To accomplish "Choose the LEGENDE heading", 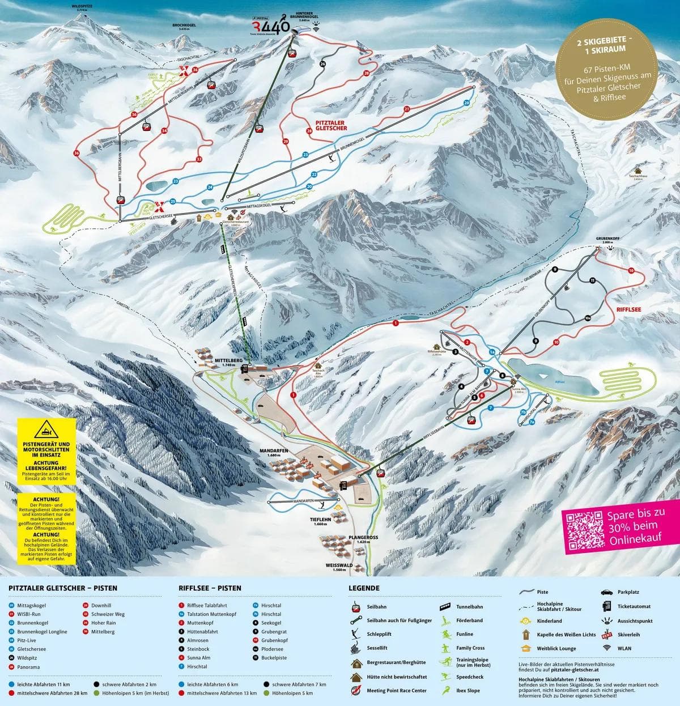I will [364, 588].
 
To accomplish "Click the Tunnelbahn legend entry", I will [469, 607].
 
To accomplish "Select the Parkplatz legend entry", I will [629, 592].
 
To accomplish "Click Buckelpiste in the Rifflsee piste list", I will [274, 658].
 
